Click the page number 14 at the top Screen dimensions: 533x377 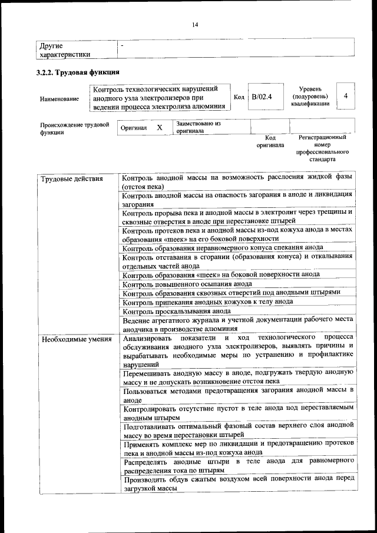pos(194,24)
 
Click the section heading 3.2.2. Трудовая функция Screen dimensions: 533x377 pos(78,72)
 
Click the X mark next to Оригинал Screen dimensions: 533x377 pos(159,128)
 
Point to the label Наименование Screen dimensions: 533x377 pos(59,99)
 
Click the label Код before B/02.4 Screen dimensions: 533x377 pos(239,98)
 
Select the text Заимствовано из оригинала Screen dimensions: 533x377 pos(198,128)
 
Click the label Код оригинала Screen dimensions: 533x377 pos(270,141)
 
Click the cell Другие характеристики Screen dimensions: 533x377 pos(65,50)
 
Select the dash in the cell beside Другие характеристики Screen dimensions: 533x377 pos(122,45)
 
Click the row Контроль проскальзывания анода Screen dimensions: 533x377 pos(177,311)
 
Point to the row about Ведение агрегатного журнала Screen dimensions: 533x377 pos(237,325)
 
